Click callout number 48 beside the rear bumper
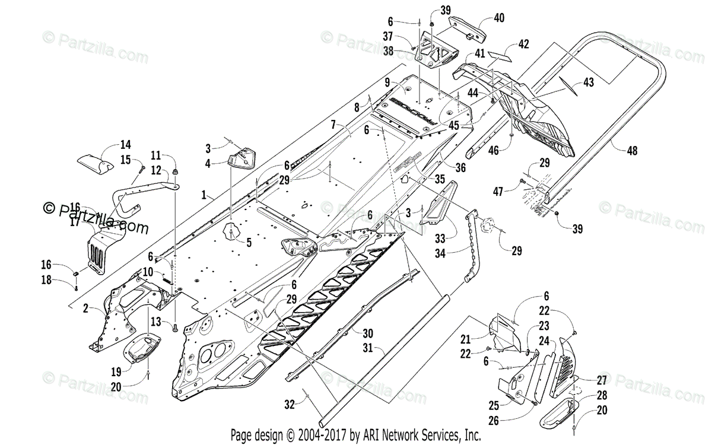[632, 151]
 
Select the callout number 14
[125, 144]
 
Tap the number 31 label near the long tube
[367, 349]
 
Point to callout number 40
[498, 18]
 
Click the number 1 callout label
[204, 194]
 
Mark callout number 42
[523, 43]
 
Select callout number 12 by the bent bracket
[155, 170]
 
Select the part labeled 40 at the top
[466, 23]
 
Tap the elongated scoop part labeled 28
[557, 413]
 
